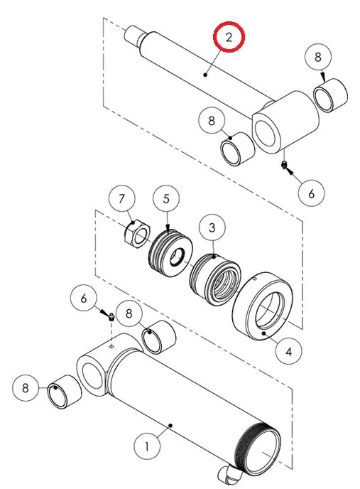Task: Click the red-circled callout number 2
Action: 229,37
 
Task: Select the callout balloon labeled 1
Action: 147,446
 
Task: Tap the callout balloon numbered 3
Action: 212,227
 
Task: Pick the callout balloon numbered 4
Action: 288,351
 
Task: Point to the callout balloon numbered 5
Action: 166,199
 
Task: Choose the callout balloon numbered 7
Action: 122,198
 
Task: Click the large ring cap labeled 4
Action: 263,306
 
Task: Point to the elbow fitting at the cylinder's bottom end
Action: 230,476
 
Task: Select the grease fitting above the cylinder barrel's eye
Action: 111,317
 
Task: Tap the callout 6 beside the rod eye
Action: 312,193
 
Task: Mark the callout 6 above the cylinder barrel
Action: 83,298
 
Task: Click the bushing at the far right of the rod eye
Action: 330,95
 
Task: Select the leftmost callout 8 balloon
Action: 26,388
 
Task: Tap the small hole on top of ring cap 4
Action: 254,279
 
